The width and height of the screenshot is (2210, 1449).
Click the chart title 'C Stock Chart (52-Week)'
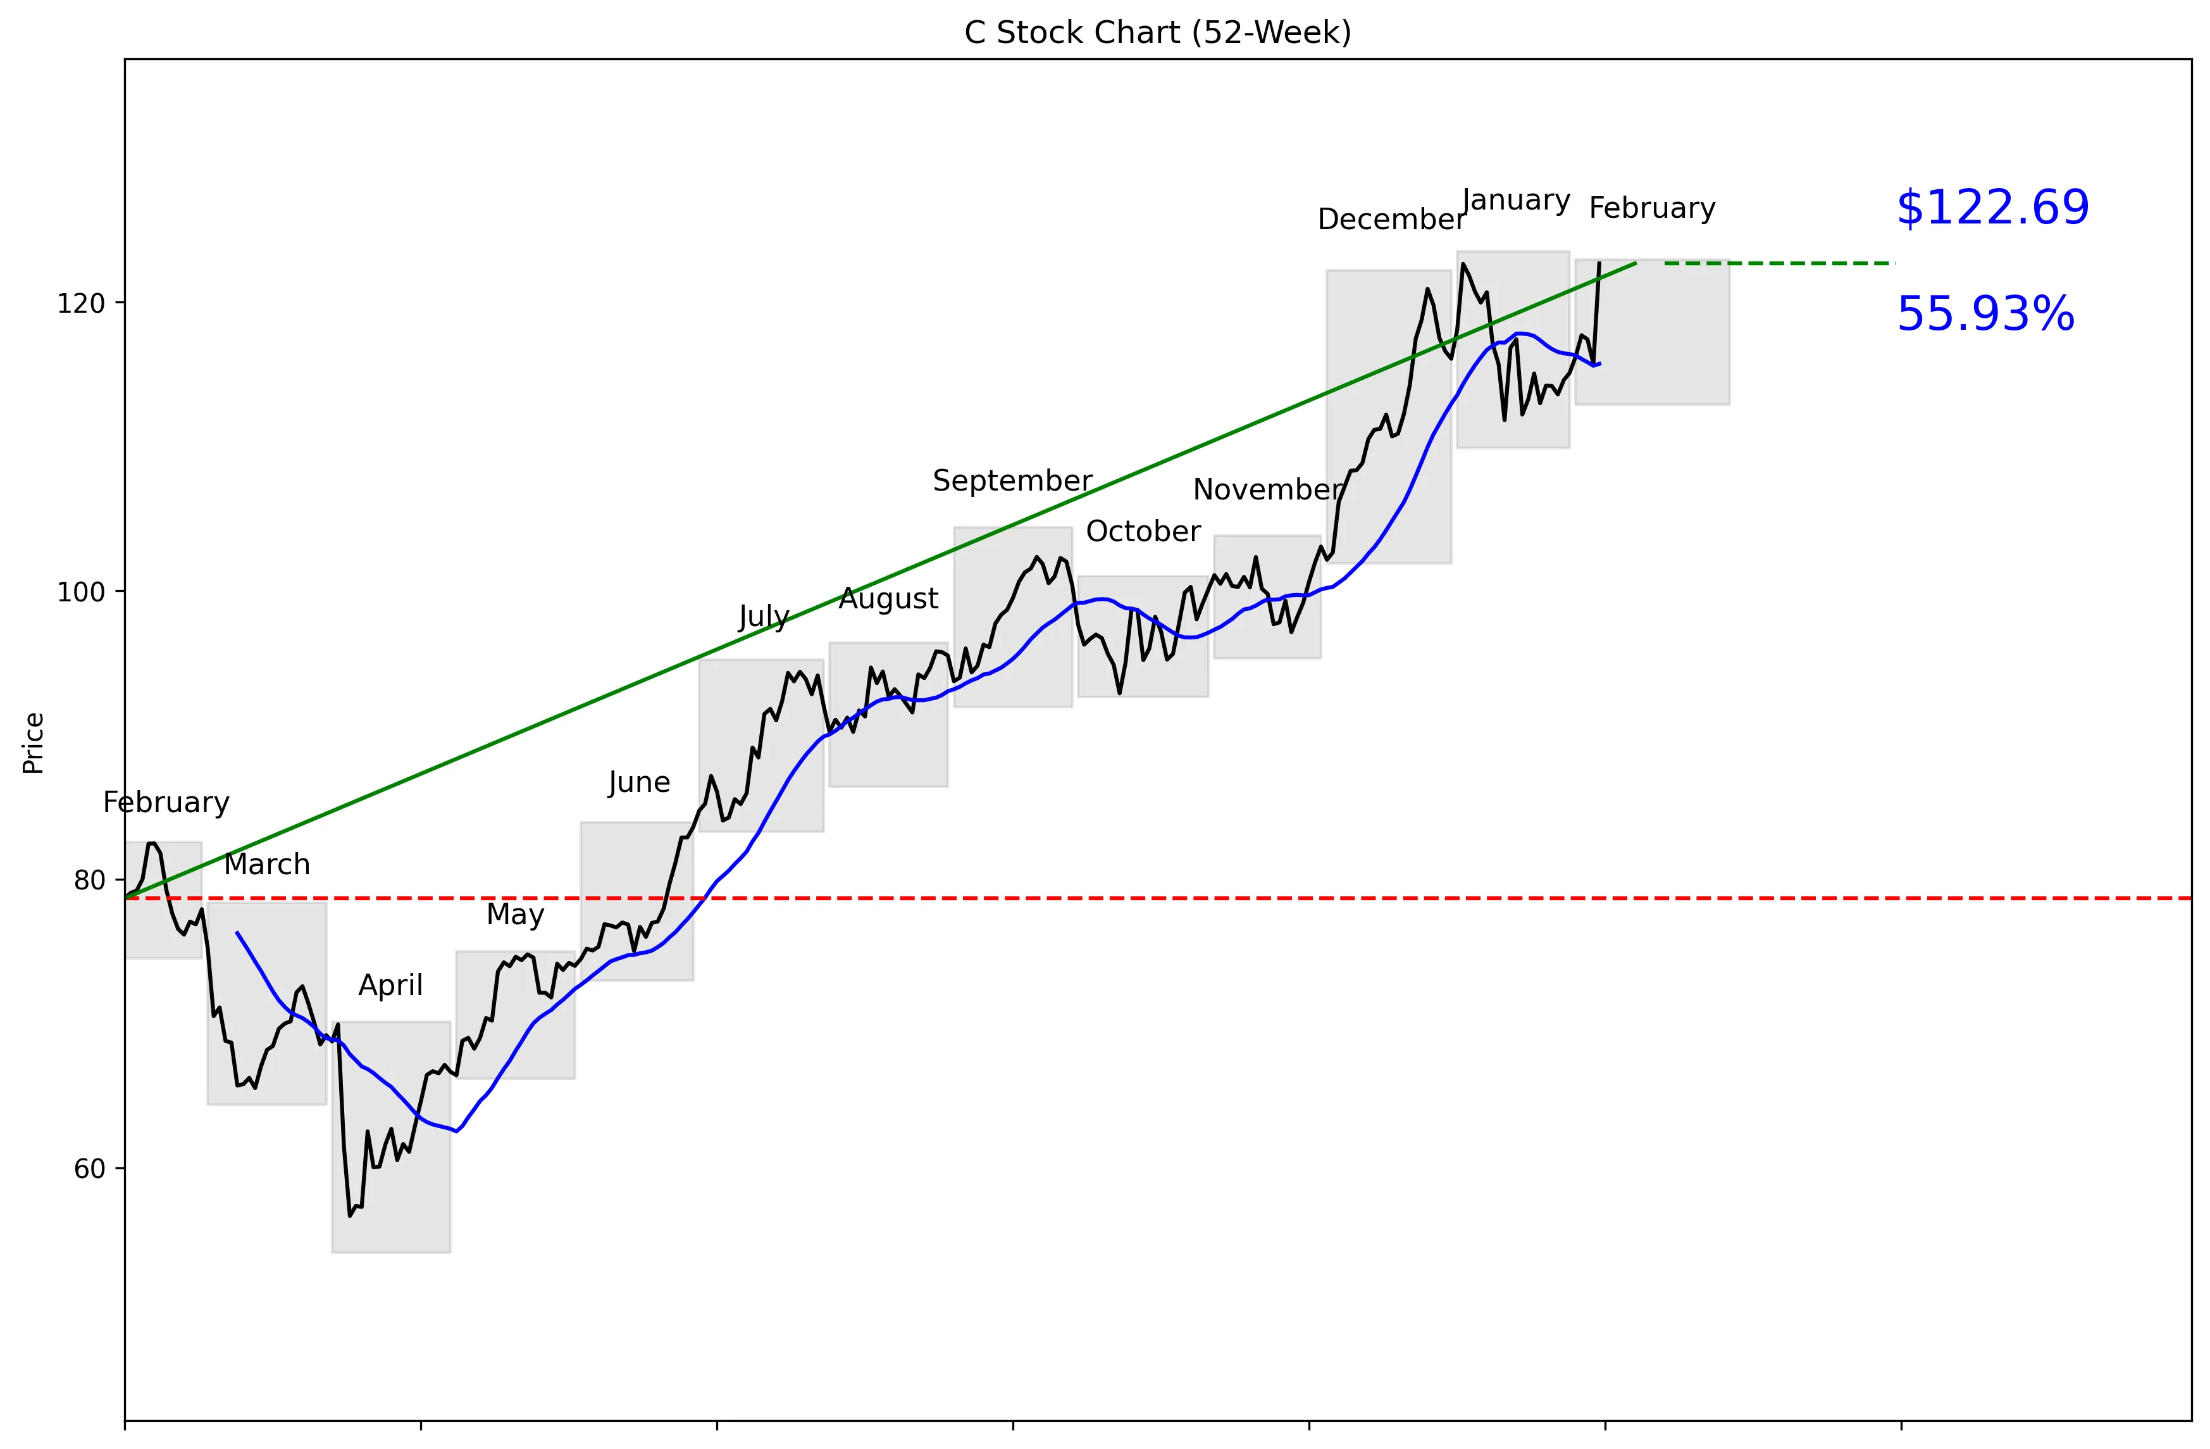click(x=1157, y=32)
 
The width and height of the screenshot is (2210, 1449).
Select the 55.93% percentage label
click(x=1984, y=314)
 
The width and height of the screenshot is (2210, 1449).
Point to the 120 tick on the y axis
click(x=81, y=303)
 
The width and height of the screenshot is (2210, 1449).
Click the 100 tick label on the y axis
click(x=81, y=592)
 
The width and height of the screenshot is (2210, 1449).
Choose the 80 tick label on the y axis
click(x=89, y=880)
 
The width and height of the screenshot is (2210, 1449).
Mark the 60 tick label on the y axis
click(x=89, y=1169)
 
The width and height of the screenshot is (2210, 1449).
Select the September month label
click(x=1012, y=481)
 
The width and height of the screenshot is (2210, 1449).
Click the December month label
click(x=1390, y=220)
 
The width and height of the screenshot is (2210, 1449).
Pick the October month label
click(x=1143, y=531)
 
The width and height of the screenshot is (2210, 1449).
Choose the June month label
click(x=639, y=783)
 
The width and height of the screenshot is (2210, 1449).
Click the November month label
click(x=1267, y=489)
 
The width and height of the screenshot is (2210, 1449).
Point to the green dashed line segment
click(x=1779, y=264)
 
